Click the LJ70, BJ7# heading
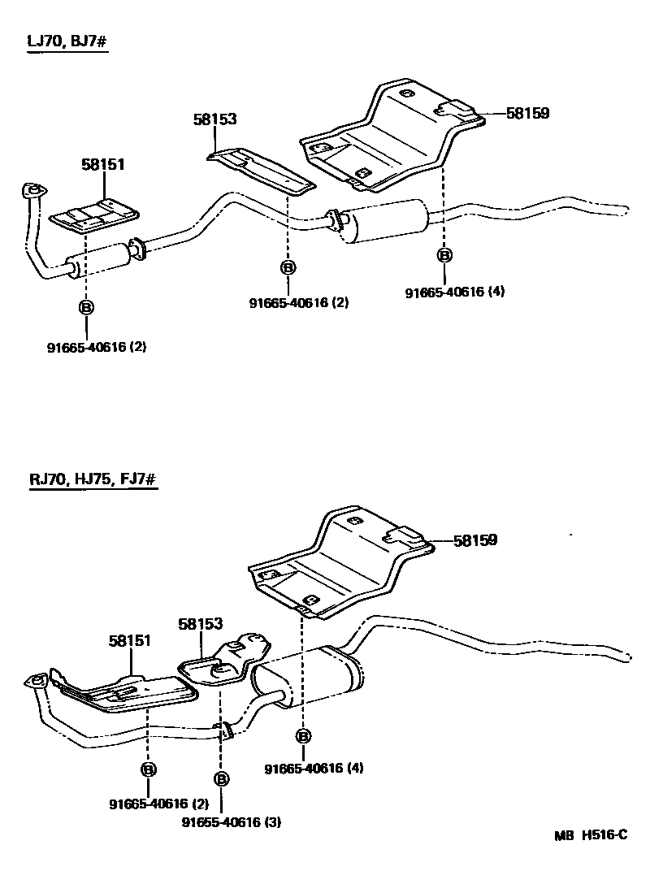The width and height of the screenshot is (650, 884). click(67, 41)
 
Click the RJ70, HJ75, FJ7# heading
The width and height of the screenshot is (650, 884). click(93, 480)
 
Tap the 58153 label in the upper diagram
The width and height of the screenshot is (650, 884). click(214, 119)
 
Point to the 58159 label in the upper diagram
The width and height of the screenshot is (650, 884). click(527, 114)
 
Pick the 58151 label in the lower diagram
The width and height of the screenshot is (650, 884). click(130, 641)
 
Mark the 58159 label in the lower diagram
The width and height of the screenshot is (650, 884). click(474, 539)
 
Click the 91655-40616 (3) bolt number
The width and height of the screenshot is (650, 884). click(232, 822)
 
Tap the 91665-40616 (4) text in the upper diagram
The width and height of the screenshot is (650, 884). click(455, 292)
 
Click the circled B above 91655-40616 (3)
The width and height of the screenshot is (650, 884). click(220, 780)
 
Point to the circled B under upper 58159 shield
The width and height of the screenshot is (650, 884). click(444, 255)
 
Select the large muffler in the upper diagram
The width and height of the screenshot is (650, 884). click(380, 219)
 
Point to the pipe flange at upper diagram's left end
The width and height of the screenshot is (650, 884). click(31, 190)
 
